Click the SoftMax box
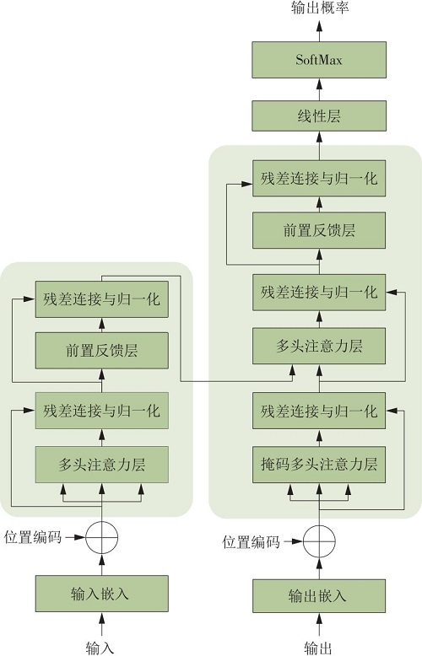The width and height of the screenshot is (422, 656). [319, 60]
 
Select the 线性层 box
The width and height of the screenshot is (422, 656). [319, 116]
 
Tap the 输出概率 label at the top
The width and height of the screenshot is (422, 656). [320, 8]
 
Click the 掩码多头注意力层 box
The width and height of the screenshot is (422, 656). [319, 465]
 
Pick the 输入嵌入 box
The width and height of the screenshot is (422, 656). [102, 594]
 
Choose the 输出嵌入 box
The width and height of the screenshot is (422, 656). [319, 596]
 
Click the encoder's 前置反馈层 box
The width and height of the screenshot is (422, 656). [102, 351]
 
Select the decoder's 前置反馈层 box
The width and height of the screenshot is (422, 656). [319, 230]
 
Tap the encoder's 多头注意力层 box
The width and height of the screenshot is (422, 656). [102, 465]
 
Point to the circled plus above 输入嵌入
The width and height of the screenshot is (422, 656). [102, 538]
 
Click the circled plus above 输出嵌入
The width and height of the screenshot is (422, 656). [319, 541]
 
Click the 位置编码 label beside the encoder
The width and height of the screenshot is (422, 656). [33, 537]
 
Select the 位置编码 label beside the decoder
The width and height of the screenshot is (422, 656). [251, 542]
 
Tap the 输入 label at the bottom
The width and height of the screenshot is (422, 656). [100, 648]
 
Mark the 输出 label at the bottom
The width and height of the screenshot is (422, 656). [318, 648]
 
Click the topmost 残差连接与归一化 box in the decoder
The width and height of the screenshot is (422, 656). [319, 178]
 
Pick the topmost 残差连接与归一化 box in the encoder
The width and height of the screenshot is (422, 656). [102, 299]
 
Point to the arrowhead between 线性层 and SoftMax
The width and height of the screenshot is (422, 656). [319, 84]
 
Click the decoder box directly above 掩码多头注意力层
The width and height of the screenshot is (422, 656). [319, 411]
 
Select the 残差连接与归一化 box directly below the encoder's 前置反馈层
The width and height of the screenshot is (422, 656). [102, 411]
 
